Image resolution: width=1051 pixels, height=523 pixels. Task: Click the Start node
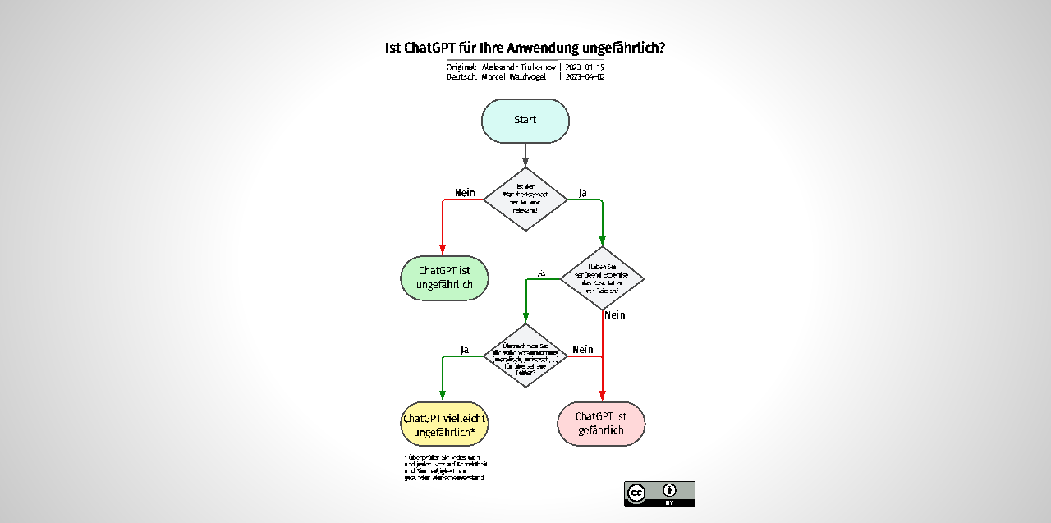click(x=525, y=121)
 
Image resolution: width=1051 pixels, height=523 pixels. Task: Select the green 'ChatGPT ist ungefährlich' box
click(x=444, y=278)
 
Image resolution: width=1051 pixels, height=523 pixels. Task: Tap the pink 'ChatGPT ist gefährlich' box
click(x=601, y=424)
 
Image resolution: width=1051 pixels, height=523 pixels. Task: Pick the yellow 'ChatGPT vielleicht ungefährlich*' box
click(x=444, y=424)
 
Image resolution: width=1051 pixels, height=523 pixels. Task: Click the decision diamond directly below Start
click(x=525, y=200)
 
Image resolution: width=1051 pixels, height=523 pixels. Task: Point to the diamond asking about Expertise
click(x=602, y=278)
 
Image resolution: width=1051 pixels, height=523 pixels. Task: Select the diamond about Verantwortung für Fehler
click(x=525, y=356)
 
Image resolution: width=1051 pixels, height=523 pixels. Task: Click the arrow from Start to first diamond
click(x=525, y=154)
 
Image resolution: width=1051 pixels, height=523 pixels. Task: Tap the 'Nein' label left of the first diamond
click(x=465, y=193)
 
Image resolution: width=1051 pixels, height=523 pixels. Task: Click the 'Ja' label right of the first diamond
click(x=583, y=193)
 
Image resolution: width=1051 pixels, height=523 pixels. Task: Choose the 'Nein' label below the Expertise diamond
click(x=614, y=314)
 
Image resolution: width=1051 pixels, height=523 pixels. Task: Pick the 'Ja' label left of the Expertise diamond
click(x=541, y=272)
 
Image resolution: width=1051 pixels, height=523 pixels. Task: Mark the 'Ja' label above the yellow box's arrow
click(x=465, y=350)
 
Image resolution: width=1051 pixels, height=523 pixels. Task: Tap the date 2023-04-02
click(x=585, y=76)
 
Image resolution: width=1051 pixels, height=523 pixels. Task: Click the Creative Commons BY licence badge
click(x=659, y=493)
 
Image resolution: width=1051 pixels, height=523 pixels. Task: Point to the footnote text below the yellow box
click(x=444, y=466)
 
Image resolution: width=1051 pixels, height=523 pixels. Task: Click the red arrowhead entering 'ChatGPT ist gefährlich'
click(x=602, y=396)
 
